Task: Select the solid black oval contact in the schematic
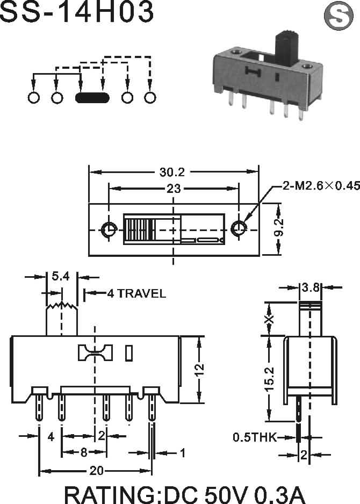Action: click(92, 98)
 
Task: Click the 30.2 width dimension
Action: click(172, 172)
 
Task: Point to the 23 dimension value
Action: click(174, 189)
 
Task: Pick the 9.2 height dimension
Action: click(279, 227)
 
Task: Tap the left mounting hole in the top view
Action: click(109, 229)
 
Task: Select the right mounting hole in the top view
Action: click(239, 229)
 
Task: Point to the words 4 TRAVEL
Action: click(136, 293)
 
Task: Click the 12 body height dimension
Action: click(199, 369)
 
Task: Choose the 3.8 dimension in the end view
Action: click(311, 287)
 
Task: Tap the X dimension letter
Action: click(269, 319)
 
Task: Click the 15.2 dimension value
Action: click(269, 379)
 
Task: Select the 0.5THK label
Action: click(255, 437)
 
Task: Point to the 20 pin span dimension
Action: click(96, 471)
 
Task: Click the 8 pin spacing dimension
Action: click(84, 452)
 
